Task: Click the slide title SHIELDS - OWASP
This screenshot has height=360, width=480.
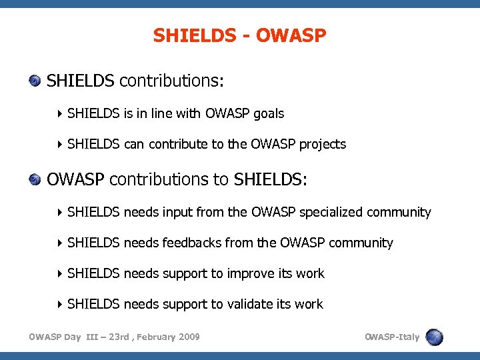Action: pos(239,35)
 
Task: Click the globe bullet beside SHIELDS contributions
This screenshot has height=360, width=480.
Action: pos(35,81)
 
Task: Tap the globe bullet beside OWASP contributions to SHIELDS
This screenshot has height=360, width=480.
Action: pos(35,179)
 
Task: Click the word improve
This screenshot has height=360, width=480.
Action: pos(249,274)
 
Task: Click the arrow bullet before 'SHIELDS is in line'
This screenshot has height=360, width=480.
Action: pos(60,114)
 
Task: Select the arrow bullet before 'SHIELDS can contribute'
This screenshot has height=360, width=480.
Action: pos(60,145)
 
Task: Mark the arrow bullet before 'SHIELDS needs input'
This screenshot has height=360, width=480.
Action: pos(60,213)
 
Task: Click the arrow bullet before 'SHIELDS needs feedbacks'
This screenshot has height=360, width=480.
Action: pos(60,243)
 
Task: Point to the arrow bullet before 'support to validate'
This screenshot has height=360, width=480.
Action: pos(60,305)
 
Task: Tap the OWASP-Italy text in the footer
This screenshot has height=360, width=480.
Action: pos(392,337)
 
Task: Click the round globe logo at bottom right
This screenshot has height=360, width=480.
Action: pos(435,337)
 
